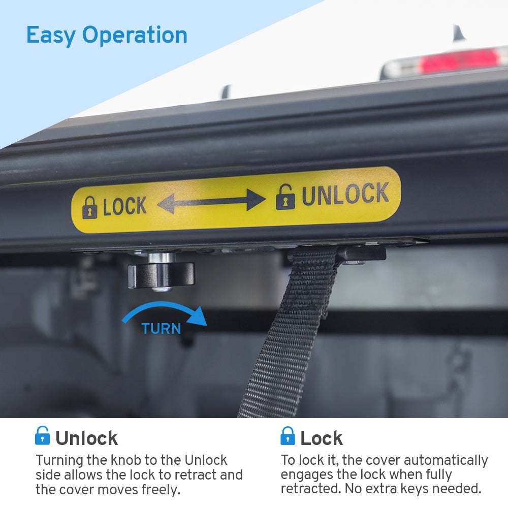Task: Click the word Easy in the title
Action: click(51, 36)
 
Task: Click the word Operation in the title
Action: click(135, 36)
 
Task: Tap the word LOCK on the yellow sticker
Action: click(125, 206)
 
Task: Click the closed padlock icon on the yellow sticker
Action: click(90, 208)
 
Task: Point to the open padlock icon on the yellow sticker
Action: click(285, 197)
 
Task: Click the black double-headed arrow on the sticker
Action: click(211, 202)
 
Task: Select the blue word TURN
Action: click(161, 329)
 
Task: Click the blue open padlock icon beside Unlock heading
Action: click(43, 435)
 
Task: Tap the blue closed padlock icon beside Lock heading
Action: click(288, 436)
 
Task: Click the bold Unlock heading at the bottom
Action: click(86, 438)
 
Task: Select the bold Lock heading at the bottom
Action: click(322, 438)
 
